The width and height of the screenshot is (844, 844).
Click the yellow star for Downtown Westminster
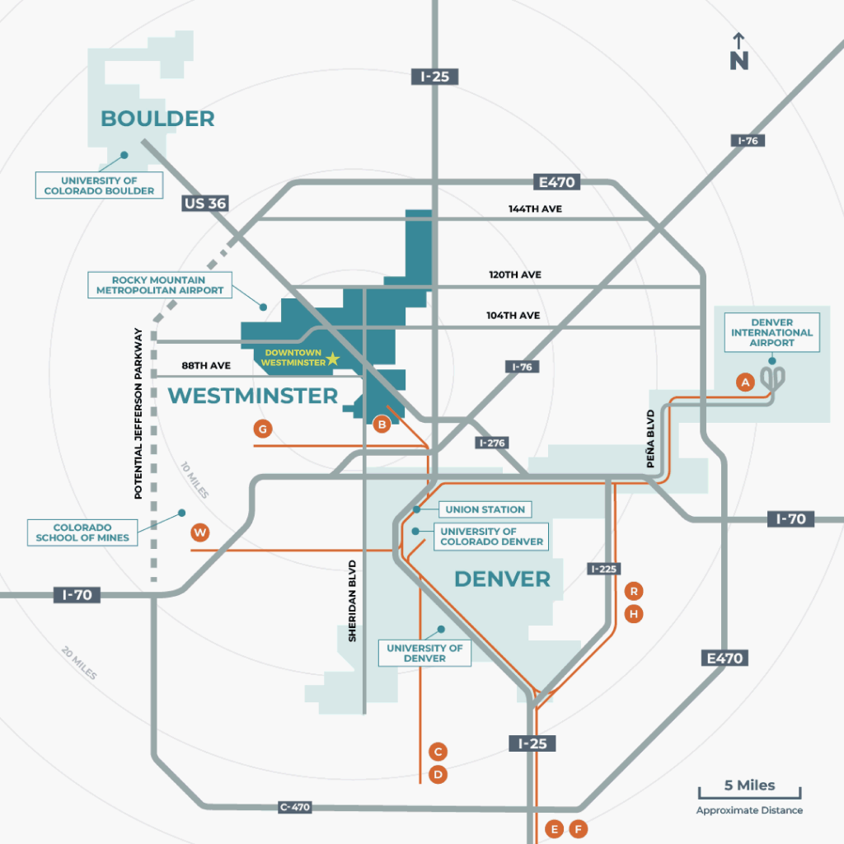point(333,359)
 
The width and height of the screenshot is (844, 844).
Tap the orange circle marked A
point(745,382)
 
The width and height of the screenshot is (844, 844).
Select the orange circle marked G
point(263,429)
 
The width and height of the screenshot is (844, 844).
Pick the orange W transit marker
point(199,532)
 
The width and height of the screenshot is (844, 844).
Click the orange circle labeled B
point(382,424)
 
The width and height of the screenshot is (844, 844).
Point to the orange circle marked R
point(634,591)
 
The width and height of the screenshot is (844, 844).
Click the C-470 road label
point(294,807)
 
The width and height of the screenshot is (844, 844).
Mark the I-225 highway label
point(604,569)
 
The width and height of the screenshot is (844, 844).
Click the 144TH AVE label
point(535,209)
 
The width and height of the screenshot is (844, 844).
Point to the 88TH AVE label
point(205,365)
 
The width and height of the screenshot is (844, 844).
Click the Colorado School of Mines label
point(82,532)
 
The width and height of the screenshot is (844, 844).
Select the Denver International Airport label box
point(772,332)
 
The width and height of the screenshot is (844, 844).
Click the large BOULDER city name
point(157,119)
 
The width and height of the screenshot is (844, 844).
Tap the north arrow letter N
point(738,61)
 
